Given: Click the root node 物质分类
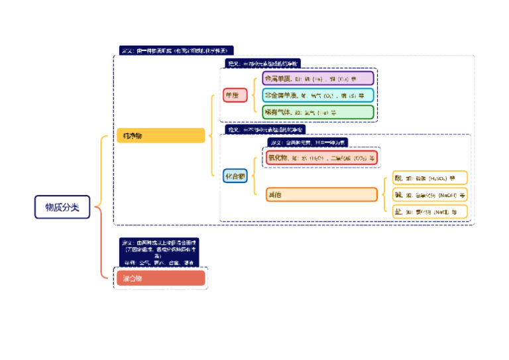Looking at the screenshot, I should [x=62, y=208].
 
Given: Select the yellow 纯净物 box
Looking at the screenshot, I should [x=160, y=136].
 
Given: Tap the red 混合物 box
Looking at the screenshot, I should [x=160, y=278].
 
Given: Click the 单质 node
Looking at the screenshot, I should [x=235, y=95].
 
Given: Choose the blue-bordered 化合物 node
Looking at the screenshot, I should [x=235, y=176].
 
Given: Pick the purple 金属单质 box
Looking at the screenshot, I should [x=317, y=78].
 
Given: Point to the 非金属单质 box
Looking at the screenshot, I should [x=317, y=95].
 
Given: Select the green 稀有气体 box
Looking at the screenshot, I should [x=317, y=112].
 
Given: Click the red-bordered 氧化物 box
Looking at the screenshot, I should [x=321, y=158].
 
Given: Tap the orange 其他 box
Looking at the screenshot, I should [x=321, y=195].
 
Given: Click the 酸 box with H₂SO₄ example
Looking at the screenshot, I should [x=429, y=178].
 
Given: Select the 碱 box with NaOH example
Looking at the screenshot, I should [x=429, y=195].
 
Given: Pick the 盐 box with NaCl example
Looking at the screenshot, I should [x=429, y=212].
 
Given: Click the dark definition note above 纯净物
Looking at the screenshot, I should [x=176, y=50].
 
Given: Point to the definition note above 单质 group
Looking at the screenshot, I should [x=262, y=63].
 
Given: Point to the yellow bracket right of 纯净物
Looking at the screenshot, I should [x=211, y=136].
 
